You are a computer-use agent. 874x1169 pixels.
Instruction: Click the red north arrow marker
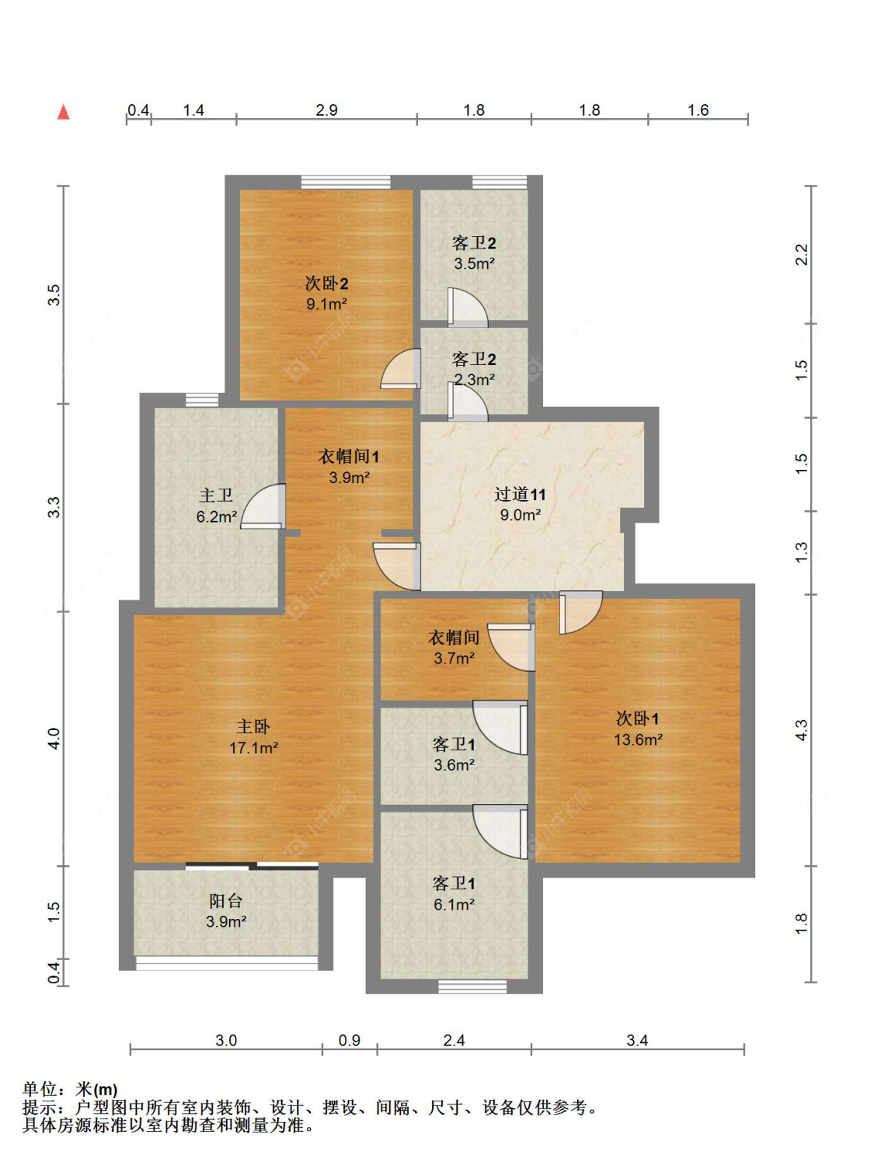pyautogui.click(x=64, y=112)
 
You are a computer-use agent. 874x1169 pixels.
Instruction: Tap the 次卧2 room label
pyautogui.click(x=326, y=284)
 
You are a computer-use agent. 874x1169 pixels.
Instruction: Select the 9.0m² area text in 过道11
pyautogui.click(x=520, y=515)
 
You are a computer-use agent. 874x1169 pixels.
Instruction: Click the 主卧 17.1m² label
pyautogui.click(x=253, y=737)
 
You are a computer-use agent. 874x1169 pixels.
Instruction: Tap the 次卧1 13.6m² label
pyautogui.click(x=638, y=729)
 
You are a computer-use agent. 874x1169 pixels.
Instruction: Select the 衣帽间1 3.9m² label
pyautogui.click(x=349, y=467)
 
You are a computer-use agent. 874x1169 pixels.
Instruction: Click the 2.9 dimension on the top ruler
pyautogui.click(x=326, y=110)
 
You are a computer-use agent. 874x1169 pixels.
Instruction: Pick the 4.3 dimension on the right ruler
pyautogui.click(x=801, y=730)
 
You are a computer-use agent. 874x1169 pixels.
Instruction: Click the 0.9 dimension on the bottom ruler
pyautogui.click(x=350, y=1040)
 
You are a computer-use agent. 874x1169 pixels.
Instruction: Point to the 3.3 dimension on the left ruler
pyautogui.click(x=54, y=507)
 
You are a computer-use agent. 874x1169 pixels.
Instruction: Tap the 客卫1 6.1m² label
pyautogui.click(x=454, y=894)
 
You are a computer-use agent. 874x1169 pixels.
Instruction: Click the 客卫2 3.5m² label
pyautogui.click(x=474, y=253)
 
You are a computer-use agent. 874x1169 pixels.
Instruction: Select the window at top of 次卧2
pyautogui.click(x=346, y=183)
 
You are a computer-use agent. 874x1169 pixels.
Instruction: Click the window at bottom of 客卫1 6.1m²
pyautogui.click(x=472, y=986)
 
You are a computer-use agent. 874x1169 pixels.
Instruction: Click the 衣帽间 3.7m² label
pyautogui.click(x=454, y=648)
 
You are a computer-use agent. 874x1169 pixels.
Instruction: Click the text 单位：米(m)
pyautogui.click(x=70, y=1090)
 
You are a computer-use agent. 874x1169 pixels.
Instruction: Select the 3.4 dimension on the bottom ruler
pyautogui.click(x=637, y=1040)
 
